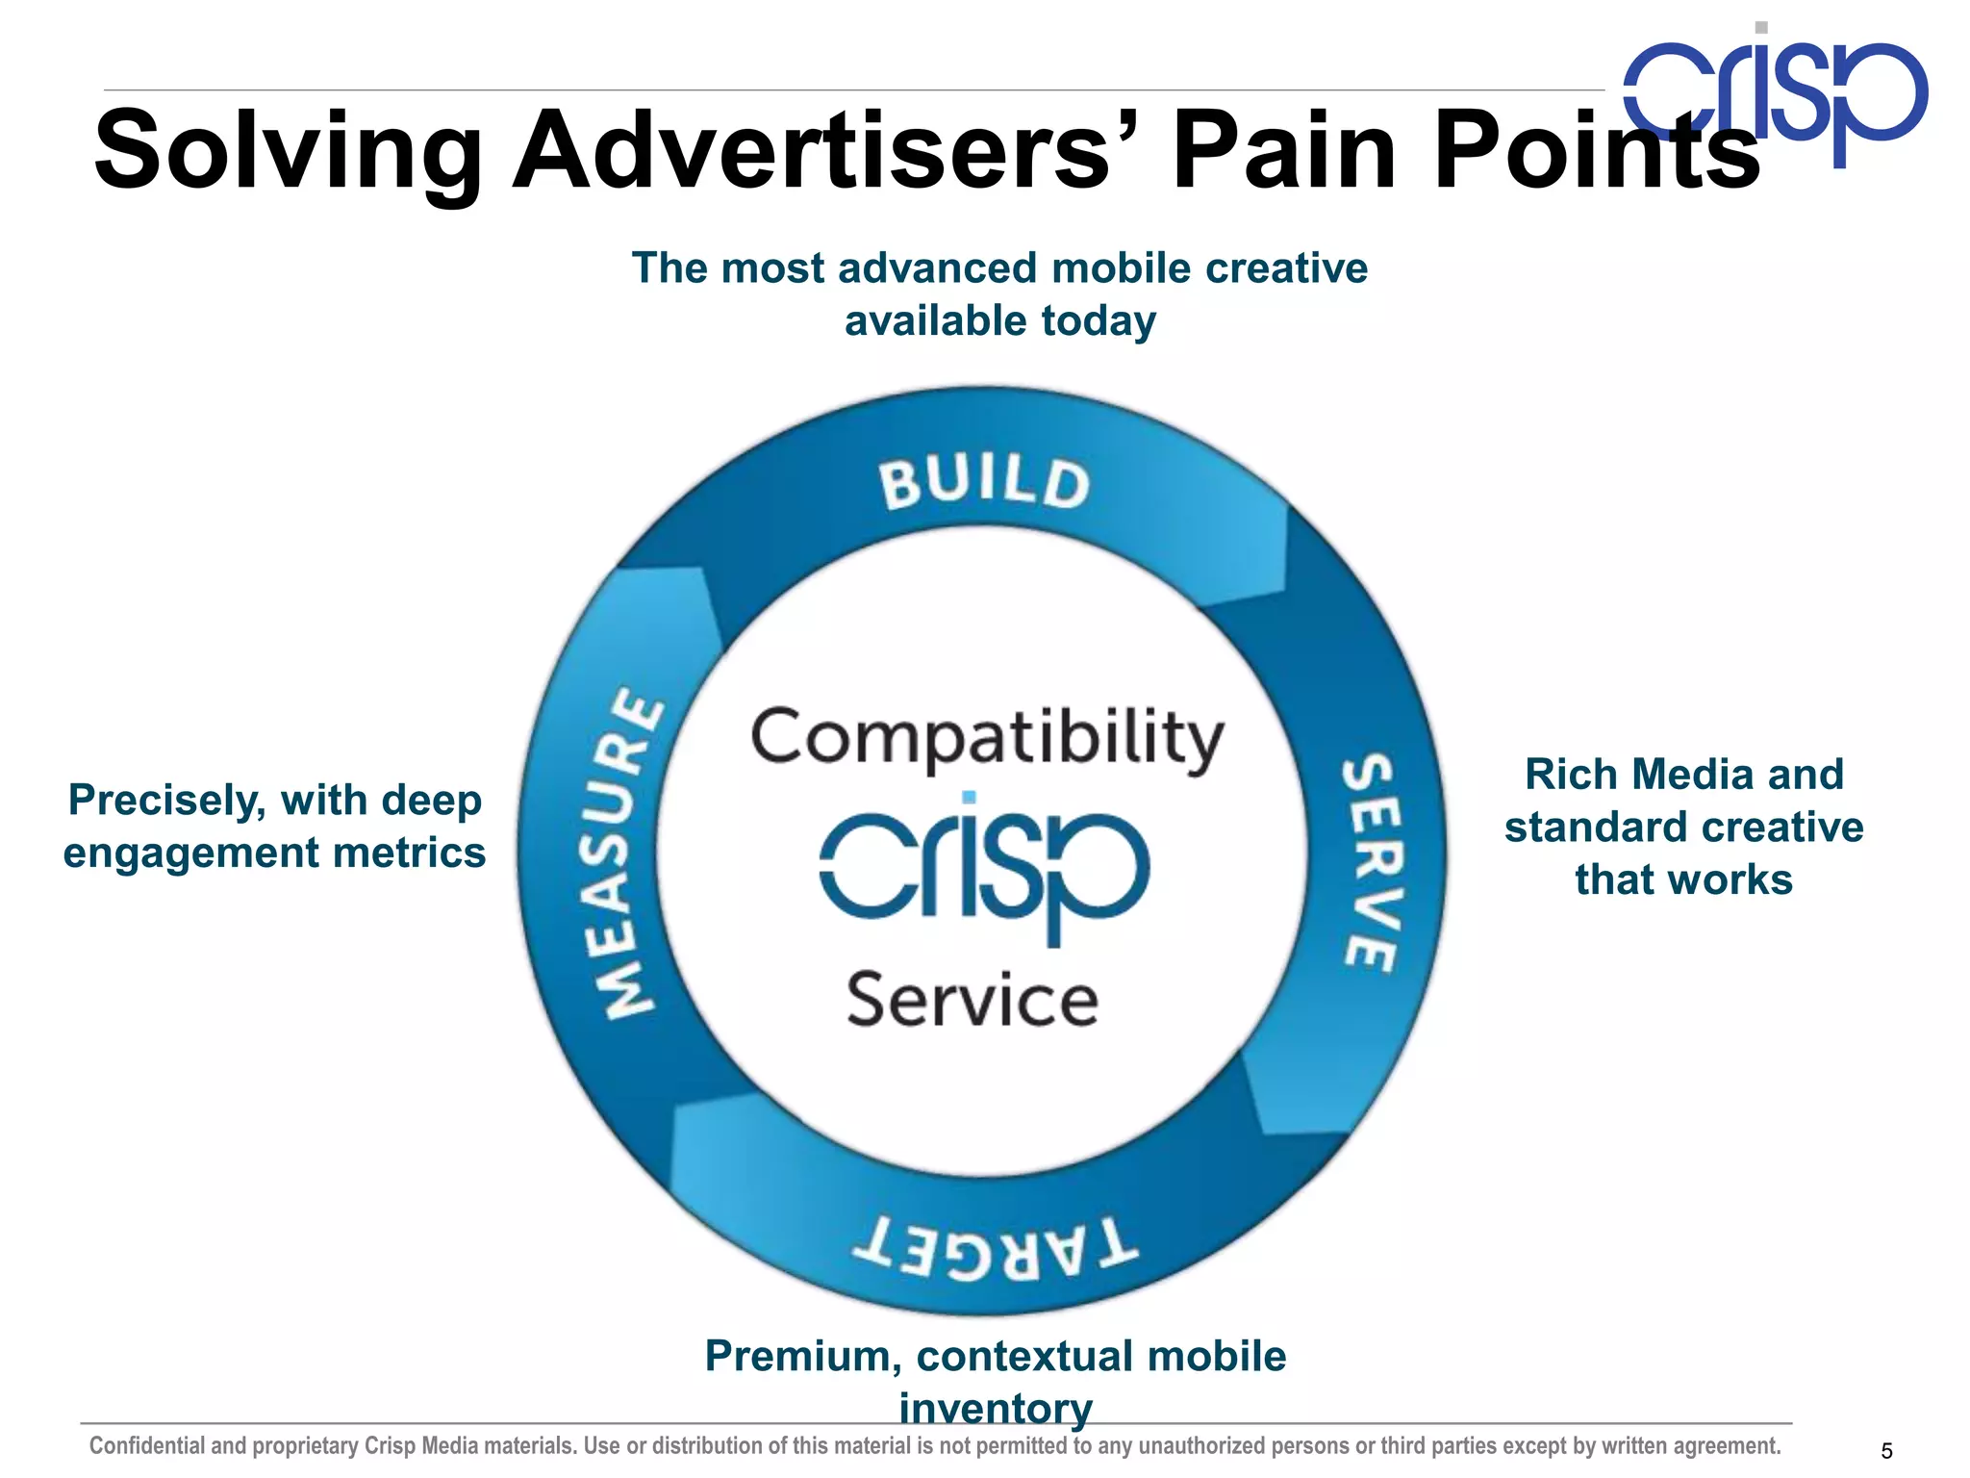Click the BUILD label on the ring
pos(984,483)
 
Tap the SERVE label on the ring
pos(1369,862)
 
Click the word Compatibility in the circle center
pos(987,739)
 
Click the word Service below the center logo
pos(972,1001)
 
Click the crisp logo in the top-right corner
pos(1776,93)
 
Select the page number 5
pos(1886,1451)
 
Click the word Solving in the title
pos(288,152)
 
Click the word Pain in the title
pos(1283,152)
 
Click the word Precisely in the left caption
pos(165,801)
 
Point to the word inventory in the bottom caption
pos(996,1408)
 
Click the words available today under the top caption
pos(999,321)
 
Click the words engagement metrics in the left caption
pos(274,854)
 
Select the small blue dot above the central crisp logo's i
pos(969,797)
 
